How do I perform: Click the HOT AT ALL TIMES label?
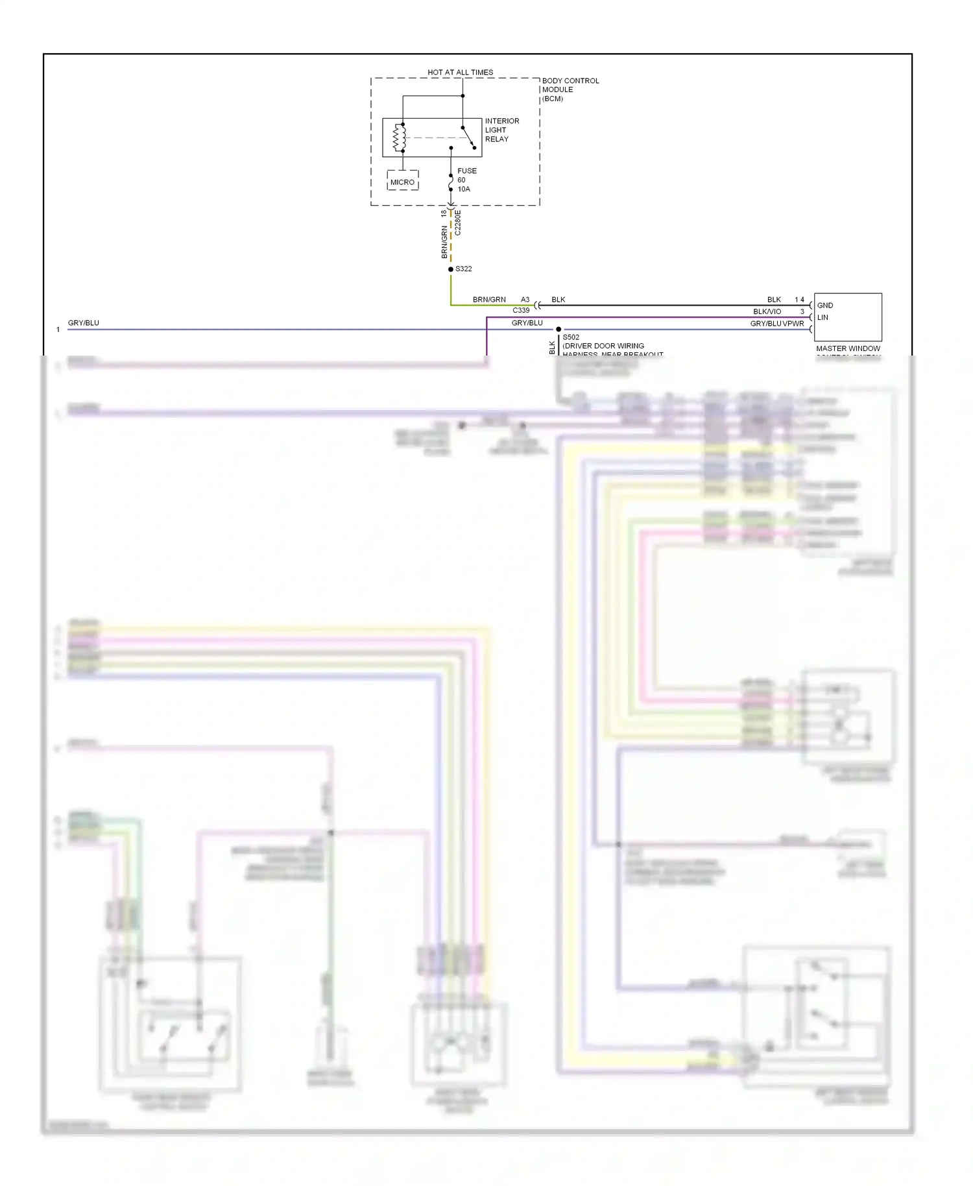pyautogui.click(x=460, y=72)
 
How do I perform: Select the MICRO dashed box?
pyautogui.click(x=402, y=181)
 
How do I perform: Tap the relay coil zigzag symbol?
pyautogui.click(x=399, y=138)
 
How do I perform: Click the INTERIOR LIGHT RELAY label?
pyautogui.click(x=501, y=130)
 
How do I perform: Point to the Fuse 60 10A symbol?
pyautogui.click(x=451, y=182)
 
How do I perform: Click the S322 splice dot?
pyautogui.click(x=451, y=269)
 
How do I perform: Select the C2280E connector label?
pyautogui.click(x=457, y=223)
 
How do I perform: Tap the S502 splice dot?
pyautogui.click(x=559, y=330)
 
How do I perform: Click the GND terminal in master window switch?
pyautogui.click(x=825, y=306)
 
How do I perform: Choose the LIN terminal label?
pyautogui.click(x=823, y=318)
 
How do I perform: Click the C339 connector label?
pyautogui.click(x=521, y=311)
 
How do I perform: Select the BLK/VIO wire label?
pyautogui.click(x=767, y=312)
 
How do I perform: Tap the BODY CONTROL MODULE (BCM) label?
pyautogui.click(x=570, y=90)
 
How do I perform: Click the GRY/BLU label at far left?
pyautogui.click(x=84, y=323)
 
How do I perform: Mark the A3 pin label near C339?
pyautogui.click(x=525, y=300)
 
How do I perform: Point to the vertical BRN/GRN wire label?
pyautogui.click(x=444, y=242)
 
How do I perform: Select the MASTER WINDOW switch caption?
pyautogui.click(x=848, y=349)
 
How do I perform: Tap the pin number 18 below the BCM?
pyautogui.click(x=444, y=213)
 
